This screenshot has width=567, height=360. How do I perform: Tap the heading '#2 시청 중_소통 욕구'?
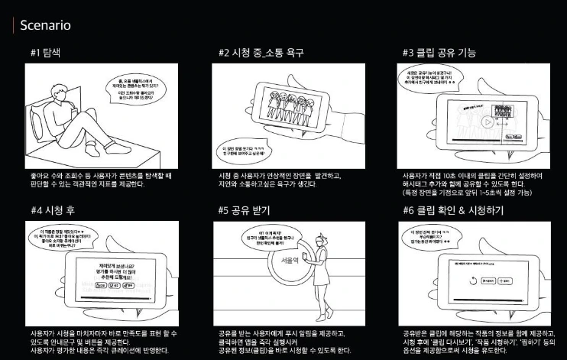click(x=261, y=53)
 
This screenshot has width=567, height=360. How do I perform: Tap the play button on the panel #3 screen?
click(x=485, y=122)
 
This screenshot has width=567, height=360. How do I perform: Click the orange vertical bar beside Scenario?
click(x=12, y=25)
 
